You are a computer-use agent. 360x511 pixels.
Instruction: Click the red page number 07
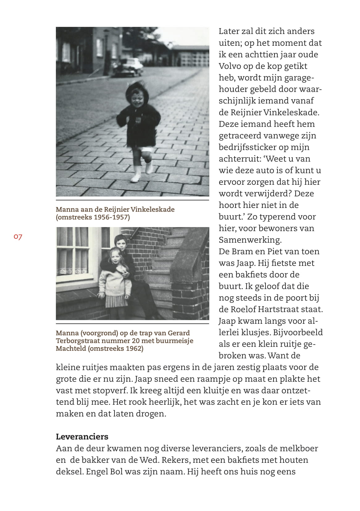pos(18,237)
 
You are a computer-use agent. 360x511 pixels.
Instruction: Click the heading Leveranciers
pos(82,437)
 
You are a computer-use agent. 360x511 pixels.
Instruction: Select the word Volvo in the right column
pos(230,66)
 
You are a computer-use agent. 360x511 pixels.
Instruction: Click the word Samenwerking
pos(250,240)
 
